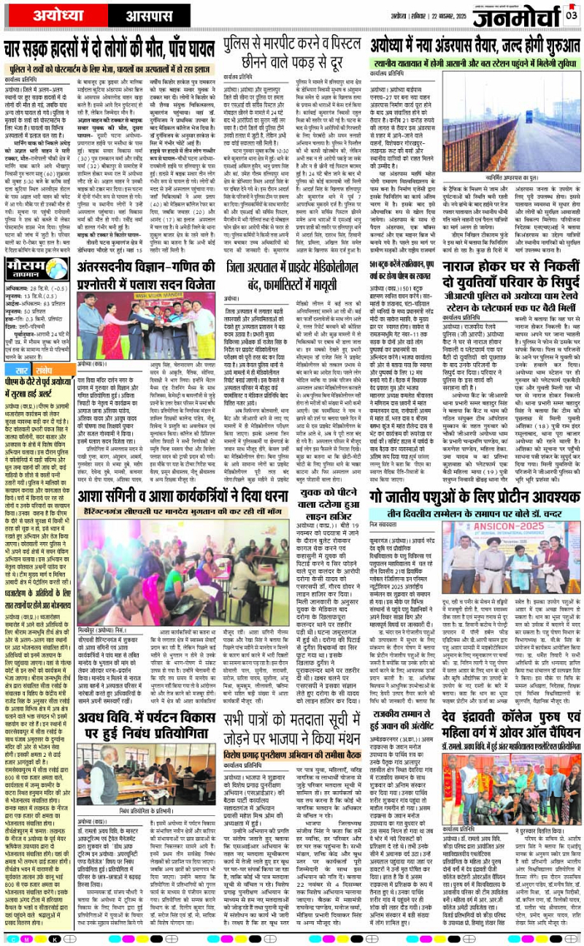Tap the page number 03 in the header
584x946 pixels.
pyautogui.click(x=571, y=15)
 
